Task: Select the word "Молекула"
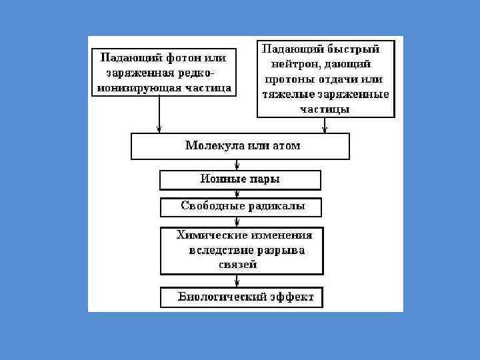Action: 211,146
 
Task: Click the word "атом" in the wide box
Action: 286,146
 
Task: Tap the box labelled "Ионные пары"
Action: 240,180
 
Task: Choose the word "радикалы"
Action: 275,206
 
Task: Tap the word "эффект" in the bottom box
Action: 291,297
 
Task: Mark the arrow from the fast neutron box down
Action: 324,125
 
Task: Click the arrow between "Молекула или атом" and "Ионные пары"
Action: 238,165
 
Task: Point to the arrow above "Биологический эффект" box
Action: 238,281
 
